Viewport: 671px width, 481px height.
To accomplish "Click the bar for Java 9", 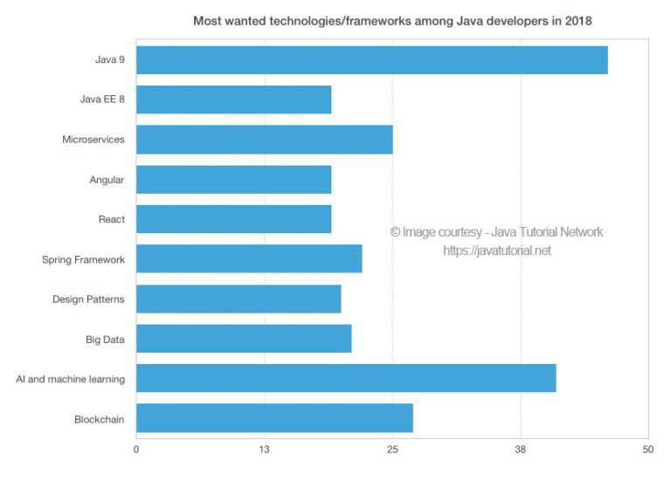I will point(371,59).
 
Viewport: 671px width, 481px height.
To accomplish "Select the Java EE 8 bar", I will point(233,100).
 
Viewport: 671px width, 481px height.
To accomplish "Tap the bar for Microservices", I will point(264,140).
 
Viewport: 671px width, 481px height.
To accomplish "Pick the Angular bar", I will point(233,179).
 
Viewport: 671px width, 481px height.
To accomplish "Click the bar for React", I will point(233,219).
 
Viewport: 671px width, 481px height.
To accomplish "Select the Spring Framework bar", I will point(249,259).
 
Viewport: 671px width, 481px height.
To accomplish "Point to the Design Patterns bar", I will point(239,299).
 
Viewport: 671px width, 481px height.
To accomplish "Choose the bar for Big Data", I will point(244,339).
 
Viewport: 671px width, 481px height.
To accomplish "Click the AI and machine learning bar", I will point(346,379).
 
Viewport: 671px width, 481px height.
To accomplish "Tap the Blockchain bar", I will point(274,418).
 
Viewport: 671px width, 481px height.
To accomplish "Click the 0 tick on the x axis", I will point(136,449).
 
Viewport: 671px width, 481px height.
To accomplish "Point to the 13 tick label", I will point(264,449).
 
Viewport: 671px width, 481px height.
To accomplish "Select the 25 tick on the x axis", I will point(392,449).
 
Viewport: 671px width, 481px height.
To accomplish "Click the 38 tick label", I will point(520,449).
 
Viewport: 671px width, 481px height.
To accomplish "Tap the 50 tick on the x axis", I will point(647,449).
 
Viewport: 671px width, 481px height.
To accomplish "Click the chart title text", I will point(392,20).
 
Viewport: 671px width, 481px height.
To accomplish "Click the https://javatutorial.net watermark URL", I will point(497,251).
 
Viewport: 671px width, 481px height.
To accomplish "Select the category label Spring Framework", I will point(83,259).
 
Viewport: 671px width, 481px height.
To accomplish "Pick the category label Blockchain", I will point(100,419).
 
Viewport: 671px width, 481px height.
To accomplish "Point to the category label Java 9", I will point(109,60).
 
